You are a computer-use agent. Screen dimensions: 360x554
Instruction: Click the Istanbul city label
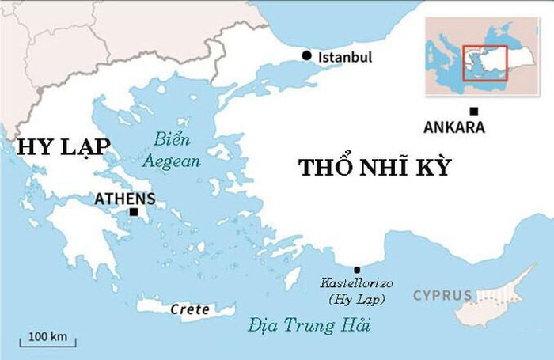tap(344, 58)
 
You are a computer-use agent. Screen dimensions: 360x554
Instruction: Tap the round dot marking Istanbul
tap(307, 55)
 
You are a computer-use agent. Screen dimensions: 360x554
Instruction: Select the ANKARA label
tap(453, 127)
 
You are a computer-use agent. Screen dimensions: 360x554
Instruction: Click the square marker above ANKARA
tap(473, 111)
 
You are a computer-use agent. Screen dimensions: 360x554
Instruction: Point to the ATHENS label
tap(124, 199)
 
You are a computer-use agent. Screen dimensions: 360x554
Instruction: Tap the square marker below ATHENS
tap(133, 211)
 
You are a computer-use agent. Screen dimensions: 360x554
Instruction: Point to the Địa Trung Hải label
tap(309, 325)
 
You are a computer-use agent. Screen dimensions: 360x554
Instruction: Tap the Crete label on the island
tap(190, 309)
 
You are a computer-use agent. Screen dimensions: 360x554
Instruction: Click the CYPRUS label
tap(442, 296)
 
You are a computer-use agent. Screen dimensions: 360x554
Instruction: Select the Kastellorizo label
tap(357, 283)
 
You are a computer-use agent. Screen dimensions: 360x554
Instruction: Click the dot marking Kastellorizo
tap(356, 270)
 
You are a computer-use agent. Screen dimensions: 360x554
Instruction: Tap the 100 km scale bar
tap(47, 343)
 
